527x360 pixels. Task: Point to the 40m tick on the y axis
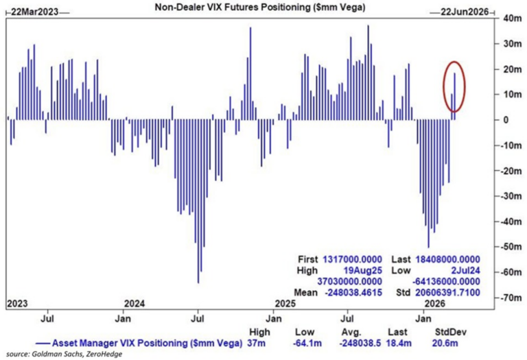click(511, 19)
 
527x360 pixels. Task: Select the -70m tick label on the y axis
click(510, 298)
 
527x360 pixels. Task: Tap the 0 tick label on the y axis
click(506, 120)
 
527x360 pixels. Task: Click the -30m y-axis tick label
click(510, 196)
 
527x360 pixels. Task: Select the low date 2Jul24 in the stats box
click(465, 271)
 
